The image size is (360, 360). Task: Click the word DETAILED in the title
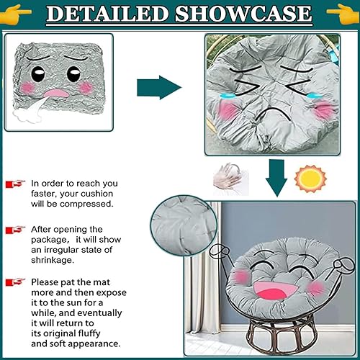[x=107, y=14]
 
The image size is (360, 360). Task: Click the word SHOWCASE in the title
[x=243, y=14]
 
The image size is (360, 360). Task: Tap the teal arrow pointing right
[x=159, y=88]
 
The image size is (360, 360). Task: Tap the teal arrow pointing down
[x=276, y=178]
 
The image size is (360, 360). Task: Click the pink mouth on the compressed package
[x=56, y=94]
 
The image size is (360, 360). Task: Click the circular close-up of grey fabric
[x=184, y=225]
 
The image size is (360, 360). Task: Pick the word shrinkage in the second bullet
[x=53, y=261]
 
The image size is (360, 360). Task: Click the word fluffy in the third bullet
[x=89, y=334]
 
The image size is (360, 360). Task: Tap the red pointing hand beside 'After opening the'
[x=15, y=230]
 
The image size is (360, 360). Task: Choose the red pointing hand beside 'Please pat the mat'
[x=15, y=282]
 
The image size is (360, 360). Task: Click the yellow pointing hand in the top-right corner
[x=343, y=14]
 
